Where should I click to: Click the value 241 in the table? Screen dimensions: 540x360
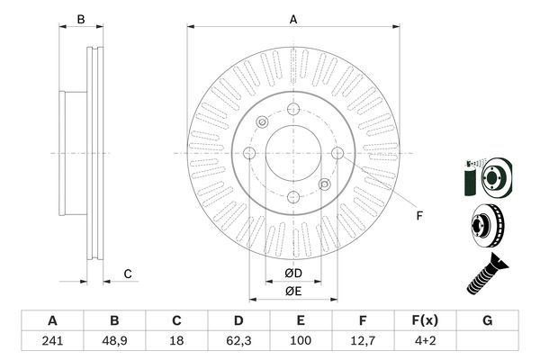pyautogui.click(x=52, y=341)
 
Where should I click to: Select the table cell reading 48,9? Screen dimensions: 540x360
pyautogui.click(x=114, y=341)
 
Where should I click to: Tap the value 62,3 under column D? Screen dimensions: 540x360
pyautogui.click(x=238, y=341)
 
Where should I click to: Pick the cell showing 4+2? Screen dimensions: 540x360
pyautogui.click(x=426, y=341)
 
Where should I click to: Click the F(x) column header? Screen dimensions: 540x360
pyautogui.click(x=426, y=320)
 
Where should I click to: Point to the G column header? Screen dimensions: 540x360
pyautogui.click(x=487, y=320)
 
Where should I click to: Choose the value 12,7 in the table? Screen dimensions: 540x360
pyautogui.click(x=363, y=341)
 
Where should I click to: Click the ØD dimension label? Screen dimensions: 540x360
pyautogui.click(x=293, y=274)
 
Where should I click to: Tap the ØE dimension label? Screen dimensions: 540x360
pyautogui.click(x=293, y=292)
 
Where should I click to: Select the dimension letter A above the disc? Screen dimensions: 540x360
pyautogui.click(x=293, y=20)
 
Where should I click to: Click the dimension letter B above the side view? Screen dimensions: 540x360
pyautogui.click(x=81, y=19)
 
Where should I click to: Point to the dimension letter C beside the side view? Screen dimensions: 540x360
pyautogui.click(x=128, y=274)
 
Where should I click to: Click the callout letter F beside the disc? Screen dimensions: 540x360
pyautogui.click(x=419, y=216)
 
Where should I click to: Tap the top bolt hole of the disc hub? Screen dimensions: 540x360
pyautogui.click(x=293, y=109)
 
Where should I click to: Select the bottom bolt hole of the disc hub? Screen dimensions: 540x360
pyautogui.click(x=293, y=197)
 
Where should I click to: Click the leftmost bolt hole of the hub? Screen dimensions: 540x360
pyautogui.click(x=249, y=153)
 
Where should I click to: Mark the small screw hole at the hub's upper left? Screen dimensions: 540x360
pyautogui.click(x=263, y=122)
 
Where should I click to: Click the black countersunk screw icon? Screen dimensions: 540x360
pyautogui.click(x=487, y=274)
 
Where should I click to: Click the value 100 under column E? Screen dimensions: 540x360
pyautogui.click(x=301, y=341)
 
